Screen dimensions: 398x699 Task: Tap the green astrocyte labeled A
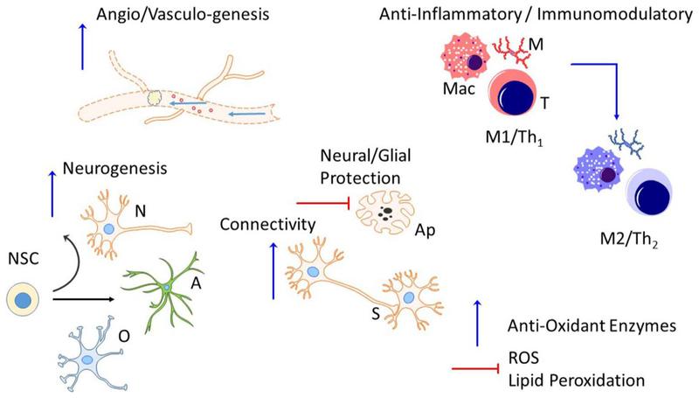[166, 287]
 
